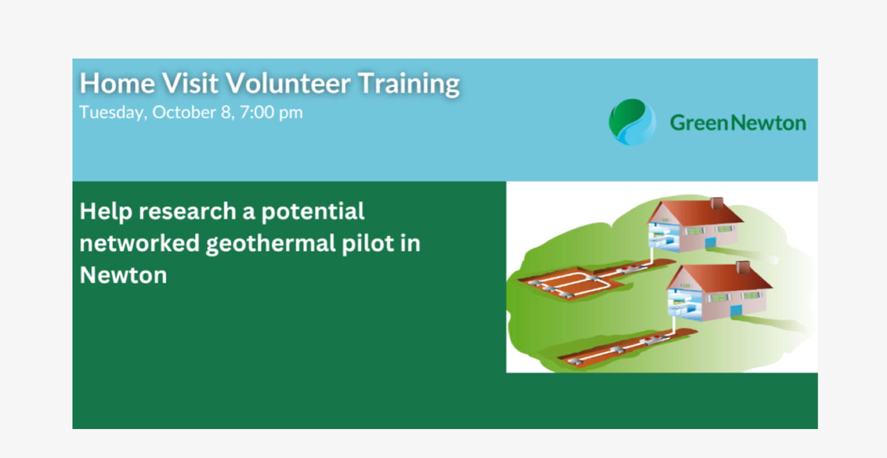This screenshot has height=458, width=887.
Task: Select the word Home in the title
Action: pos(117,83)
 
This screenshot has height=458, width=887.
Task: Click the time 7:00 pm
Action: pos(271,112)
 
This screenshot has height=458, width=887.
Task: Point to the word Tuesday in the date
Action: pos(113,113)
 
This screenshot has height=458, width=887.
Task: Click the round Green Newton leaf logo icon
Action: pos(632,122)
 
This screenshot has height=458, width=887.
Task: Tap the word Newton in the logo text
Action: pos(769,123)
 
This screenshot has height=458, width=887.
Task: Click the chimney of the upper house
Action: pos(717,203)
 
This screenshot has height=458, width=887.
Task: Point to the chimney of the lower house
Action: pos(743,267)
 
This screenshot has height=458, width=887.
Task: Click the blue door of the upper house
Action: pos(710,242)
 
